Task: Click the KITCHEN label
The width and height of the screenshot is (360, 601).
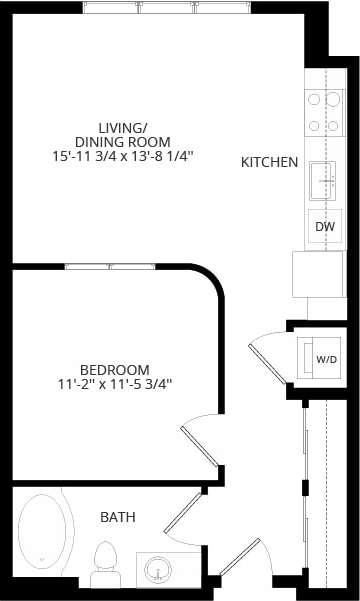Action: point(269,162)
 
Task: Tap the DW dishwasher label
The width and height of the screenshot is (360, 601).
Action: point(324,227)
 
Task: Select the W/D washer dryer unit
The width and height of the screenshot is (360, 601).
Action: point(325,358)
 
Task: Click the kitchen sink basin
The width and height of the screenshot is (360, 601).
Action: point(324,180)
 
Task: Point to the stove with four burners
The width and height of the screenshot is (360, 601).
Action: point(324,112)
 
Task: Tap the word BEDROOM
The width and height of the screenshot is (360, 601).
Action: point(115,368)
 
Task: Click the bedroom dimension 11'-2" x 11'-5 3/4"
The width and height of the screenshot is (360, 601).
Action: point(115,383)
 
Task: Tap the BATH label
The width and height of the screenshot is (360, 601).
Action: point(117,517)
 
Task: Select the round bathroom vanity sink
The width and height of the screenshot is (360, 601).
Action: point(158,570)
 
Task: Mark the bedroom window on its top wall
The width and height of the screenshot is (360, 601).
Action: point(110,267)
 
